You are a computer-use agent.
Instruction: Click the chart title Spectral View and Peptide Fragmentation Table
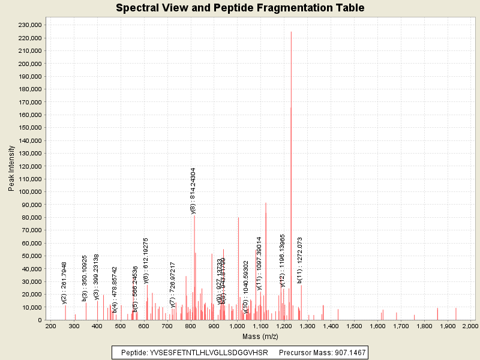[x=240, y=8]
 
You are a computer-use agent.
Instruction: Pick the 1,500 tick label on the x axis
[x=353, y=326]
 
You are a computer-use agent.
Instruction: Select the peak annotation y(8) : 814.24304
[x=193, y=191]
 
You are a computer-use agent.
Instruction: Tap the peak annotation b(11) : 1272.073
[x=299, y=260]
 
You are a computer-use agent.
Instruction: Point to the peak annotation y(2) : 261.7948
[x=64, y=283]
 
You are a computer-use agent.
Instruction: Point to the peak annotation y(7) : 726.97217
[x=173, y=284]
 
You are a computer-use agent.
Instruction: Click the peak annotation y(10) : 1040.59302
[x=246, y=287]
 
